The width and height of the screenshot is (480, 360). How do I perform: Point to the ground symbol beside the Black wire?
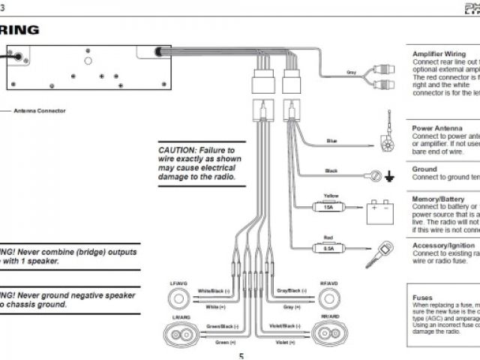389,178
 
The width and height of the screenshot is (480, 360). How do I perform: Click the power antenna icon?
388,133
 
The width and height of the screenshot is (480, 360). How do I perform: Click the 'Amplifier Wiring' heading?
439,54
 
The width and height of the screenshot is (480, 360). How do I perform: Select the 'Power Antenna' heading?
434,128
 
